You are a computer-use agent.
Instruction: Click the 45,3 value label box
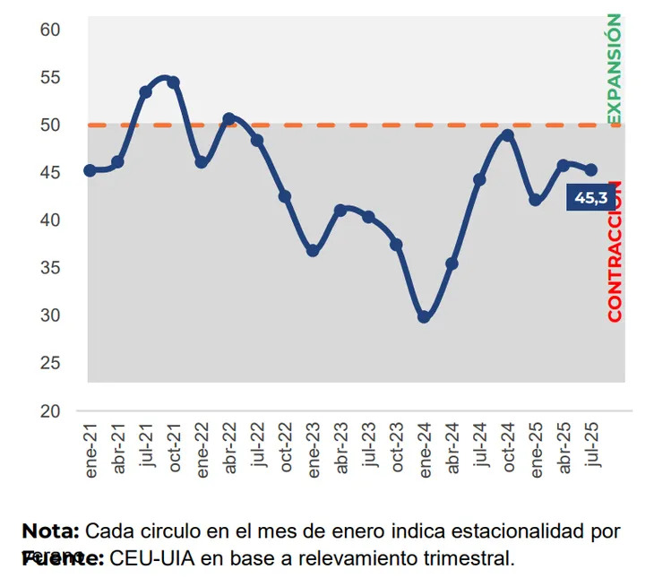click(x=590, y=198)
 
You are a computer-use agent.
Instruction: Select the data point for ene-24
click(x=424, y=316)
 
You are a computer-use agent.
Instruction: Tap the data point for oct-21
click(x=173, y=82)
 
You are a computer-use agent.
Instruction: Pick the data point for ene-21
click(x=90, y=170)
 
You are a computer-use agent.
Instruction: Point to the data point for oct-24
click(x=507, y=135)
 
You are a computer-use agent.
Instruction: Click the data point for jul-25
click(x=590, y=170)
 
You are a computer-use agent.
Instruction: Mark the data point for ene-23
click(x=313, y=251)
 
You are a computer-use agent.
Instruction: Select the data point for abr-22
click(x=228, y=118)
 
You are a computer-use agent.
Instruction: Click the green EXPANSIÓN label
click(x=614, y=69)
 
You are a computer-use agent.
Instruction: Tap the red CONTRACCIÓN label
click(x=615, y=251)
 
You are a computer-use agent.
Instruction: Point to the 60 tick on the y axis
click(x=49, y=30)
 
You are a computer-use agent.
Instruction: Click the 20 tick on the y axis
click(x=49, y=410)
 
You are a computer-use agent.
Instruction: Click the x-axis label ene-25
click(x=536, y=446)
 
